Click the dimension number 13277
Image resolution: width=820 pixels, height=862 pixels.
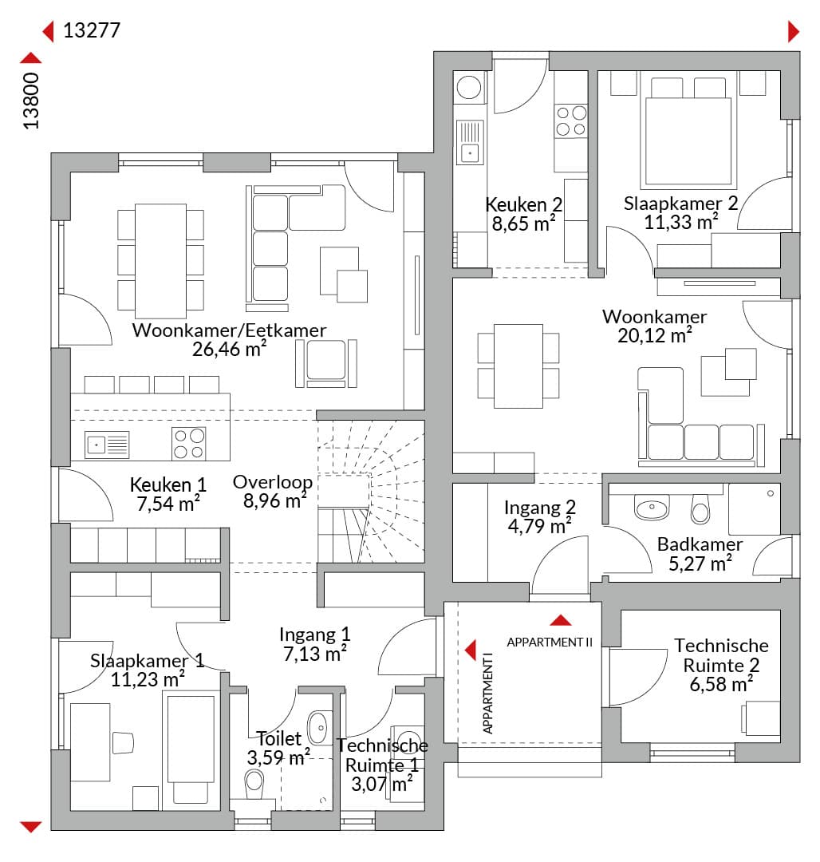coord(92,30)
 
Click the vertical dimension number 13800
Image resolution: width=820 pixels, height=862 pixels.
coord(31,101)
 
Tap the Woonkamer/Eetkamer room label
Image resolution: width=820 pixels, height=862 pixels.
coord(229,330)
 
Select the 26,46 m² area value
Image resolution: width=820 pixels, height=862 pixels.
coord(229,349)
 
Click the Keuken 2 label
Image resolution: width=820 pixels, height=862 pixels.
coord(523,204)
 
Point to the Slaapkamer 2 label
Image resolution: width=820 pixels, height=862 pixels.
coord(680,203)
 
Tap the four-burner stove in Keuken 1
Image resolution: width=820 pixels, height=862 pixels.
coord(189,444)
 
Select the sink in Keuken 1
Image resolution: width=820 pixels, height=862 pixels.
coord(107,445)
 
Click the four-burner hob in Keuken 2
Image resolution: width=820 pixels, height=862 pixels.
coord(571,121)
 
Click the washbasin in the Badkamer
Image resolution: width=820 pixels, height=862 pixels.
coord(652,507)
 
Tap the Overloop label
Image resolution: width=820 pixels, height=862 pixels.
coord(273,481)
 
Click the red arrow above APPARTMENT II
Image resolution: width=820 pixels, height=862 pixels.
coord(560,620)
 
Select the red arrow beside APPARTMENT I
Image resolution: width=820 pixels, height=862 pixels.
coord(471,650)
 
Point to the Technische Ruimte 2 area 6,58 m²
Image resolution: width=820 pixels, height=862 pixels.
coord(721,684)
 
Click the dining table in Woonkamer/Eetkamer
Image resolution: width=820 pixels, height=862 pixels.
coord(160,261)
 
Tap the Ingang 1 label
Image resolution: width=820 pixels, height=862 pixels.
coord(315,635)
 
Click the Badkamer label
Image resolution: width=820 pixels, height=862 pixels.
coord(700,544)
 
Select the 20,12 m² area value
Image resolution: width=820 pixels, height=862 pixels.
coord(654,335)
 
